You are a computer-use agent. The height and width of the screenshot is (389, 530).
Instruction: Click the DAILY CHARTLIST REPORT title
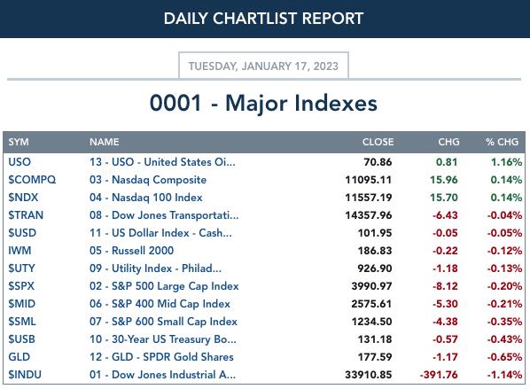[x=263, y=19]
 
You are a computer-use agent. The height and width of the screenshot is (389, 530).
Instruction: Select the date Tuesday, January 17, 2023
[x=263, y=66]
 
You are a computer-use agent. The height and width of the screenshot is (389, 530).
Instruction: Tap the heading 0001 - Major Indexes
[x=263, y=103]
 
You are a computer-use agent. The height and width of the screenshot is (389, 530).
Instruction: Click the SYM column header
[x=19, y=142]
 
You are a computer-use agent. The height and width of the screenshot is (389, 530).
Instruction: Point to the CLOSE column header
[x=378, y=142]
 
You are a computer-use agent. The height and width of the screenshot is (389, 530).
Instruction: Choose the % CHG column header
[x=502, y=142]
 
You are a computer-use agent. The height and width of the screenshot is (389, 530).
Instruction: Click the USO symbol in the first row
[x=19, y=162]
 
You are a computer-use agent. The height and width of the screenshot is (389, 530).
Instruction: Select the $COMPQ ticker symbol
[x=32, y=180]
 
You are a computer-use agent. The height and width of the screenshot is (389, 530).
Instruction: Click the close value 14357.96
[x=369, y=215]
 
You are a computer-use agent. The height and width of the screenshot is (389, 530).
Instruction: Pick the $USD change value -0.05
[x=445, y=233]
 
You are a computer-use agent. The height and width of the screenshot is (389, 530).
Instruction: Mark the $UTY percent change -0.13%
[x=504, y=268]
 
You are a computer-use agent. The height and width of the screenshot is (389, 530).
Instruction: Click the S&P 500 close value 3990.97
[x=371, y=286]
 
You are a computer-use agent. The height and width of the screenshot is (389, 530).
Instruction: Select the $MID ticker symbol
[x=21, y=304]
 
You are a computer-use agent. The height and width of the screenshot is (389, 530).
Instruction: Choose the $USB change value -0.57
[x=445, y=339]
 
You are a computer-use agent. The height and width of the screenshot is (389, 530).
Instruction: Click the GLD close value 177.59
[x=375, y=357]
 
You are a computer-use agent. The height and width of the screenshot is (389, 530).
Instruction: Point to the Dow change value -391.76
[x=439, y=375]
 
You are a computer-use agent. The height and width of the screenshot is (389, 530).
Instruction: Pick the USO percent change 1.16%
[x=506, y=162]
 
